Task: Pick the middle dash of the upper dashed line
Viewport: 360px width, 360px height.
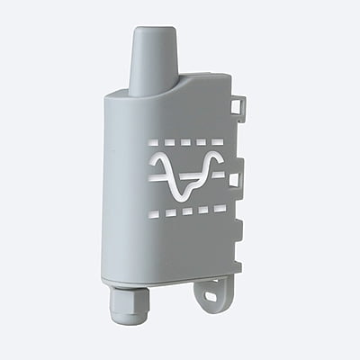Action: tap(186, 141)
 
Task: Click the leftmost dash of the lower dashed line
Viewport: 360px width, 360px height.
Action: tap(153, 214)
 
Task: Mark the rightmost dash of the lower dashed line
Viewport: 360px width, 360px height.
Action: tap(220, 208)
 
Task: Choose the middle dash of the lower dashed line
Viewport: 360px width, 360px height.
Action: tap(186, 211)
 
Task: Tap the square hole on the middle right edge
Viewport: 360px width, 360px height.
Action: tap(234, 179)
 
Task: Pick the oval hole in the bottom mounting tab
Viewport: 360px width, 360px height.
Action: tap(212, 293)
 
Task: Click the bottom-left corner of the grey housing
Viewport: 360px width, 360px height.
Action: tap(105, 278)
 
